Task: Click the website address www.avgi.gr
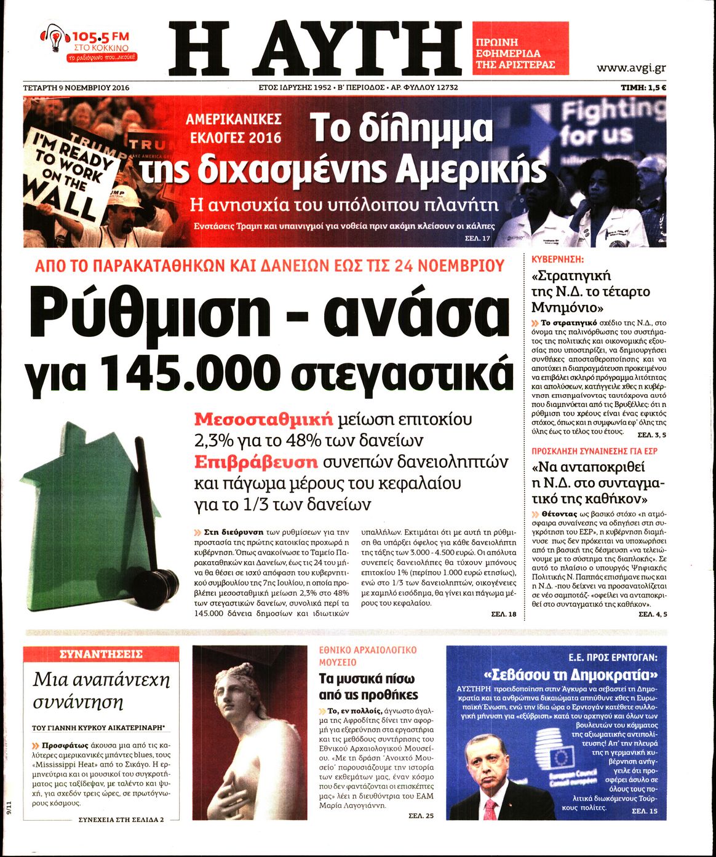(x=631, y=68)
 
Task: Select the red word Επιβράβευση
(x=256, y=462)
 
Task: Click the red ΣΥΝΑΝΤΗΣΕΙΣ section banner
(x=100, y=654)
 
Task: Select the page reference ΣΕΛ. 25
(x=421, y=816)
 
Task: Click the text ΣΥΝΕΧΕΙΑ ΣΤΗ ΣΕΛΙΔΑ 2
(x=122, y=819)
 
